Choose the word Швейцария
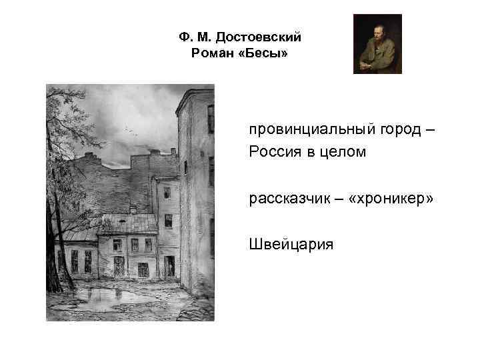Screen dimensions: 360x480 pos(291,245)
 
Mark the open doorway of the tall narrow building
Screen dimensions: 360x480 pos(169,267)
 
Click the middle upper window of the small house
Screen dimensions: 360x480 pos(134,245)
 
